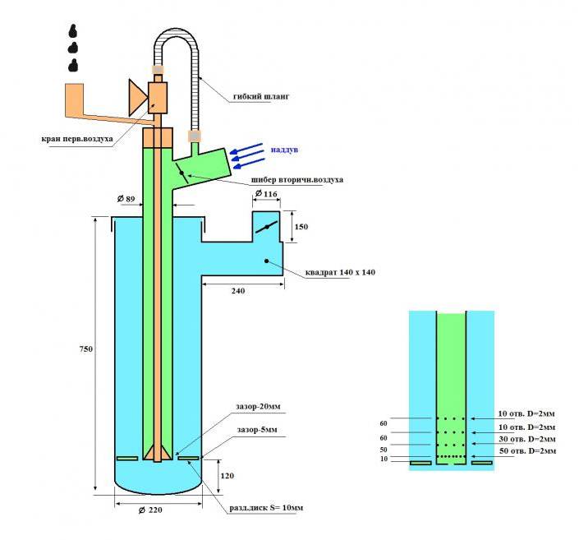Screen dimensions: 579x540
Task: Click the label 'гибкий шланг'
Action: tap(261, 96)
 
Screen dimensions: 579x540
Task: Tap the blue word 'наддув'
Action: tap(284, 150)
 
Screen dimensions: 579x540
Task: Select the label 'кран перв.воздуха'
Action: tap(77, 140)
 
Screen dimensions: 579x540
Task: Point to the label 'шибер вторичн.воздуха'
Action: tap(297, 180)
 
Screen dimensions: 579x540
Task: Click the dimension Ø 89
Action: tap(126, 199)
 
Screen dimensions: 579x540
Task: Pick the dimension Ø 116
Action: tap(266, 193)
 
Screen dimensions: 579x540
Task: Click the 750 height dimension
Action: tap(86, 349)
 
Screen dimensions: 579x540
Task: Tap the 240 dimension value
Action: tap(238, 291)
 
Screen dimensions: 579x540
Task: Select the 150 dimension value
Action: tap(301, 227)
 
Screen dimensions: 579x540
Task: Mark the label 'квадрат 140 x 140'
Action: tap(340, 272)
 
